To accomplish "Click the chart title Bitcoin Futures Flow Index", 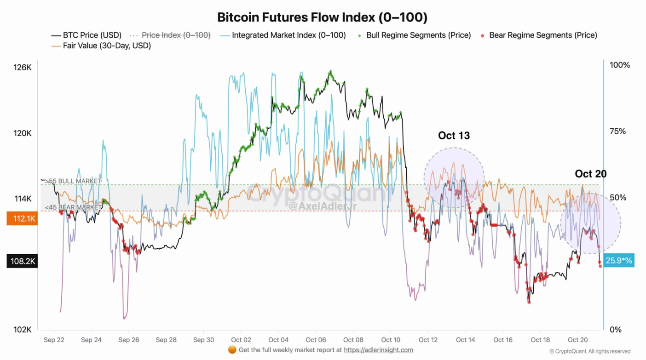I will [322, 17].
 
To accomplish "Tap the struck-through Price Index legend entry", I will [176, 35].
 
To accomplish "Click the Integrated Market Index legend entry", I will [288, 35].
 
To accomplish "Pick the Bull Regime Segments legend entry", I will [418, 35].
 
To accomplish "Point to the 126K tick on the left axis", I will [22, 68].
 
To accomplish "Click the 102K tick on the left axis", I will [22, 330].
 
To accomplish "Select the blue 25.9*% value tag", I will [619, 261].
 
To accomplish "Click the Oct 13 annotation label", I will [454, 136].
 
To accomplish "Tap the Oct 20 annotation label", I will [590, 174].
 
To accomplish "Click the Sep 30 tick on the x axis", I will [203, 340].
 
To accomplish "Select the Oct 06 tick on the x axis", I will [316, 340].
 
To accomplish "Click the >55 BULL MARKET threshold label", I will [73, 181].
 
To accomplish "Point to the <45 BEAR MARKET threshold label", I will [74, 207].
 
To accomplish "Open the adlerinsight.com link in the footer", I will [378, 350].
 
